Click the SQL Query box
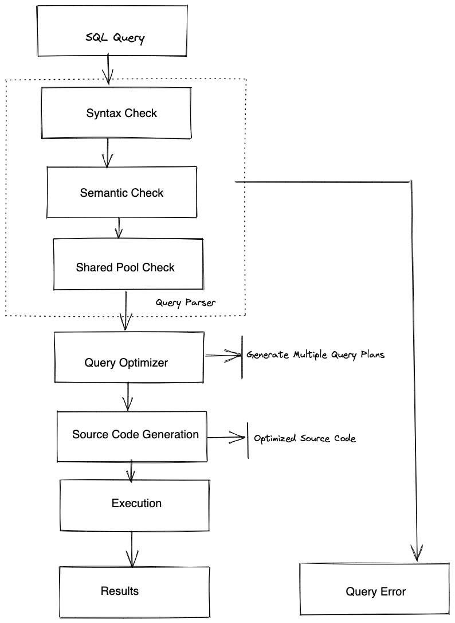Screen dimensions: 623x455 coord(112,31)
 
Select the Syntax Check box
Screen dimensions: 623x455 coord(117,112)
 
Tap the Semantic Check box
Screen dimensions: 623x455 coord(121,193)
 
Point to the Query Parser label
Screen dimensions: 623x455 coord(186,302)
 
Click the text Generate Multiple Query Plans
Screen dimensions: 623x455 coord(315,355)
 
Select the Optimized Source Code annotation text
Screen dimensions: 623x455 coord(304,438)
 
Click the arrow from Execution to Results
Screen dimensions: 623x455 coord(132,549)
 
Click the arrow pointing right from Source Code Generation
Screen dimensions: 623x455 coord(226,438)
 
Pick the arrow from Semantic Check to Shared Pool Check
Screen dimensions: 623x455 coord(119,228)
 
